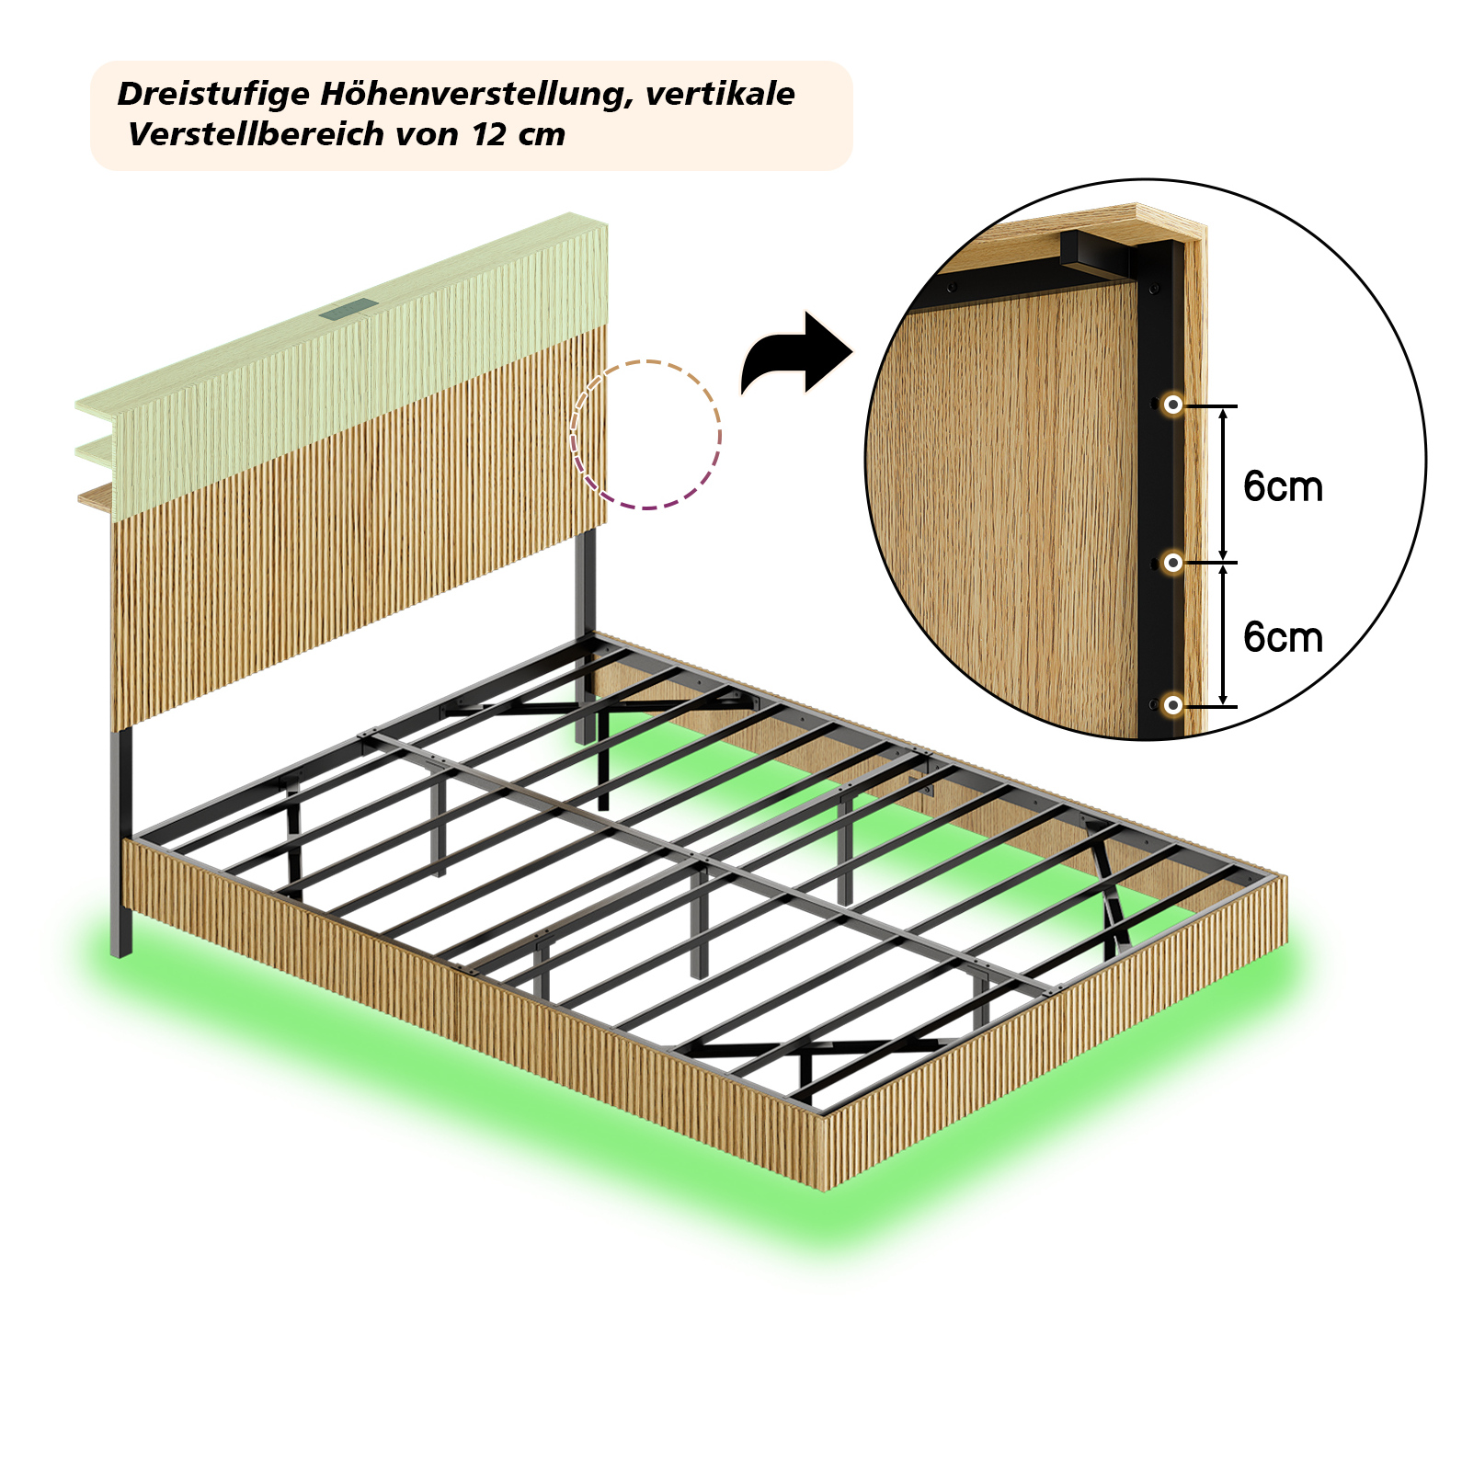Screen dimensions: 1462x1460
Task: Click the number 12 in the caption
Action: (x=490, y=134)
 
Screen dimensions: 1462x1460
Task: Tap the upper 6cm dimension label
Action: (x=1283, y=486)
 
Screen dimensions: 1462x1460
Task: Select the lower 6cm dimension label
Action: (x=1283, y=637)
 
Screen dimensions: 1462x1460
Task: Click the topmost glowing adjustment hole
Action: (x=1172, y=405)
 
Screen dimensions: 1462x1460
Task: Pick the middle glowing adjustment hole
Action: (x=1172, y=563)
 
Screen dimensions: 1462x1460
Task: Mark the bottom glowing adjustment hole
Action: (x=1172, y=705)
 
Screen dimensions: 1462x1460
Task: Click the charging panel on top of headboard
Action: (x=348, y=310)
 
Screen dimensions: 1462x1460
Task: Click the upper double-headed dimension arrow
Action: (x=1223, y=484)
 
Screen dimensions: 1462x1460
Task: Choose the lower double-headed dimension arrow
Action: (x=1223, y=635)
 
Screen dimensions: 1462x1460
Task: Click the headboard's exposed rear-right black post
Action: (x=586, y=634)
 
